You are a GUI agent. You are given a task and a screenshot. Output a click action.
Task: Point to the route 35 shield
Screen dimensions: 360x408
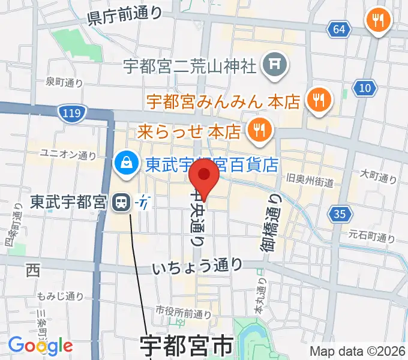pyautogui.click(x=339, y=213)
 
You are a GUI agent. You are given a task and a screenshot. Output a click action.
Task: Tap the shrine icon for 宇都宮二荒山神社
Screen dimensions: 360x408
pyautogui.click(x=276, y=64)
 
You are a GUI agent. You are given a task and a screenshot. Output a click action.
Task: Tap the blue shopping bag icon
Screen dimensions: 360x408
pyautogui.click(x=127, y=163)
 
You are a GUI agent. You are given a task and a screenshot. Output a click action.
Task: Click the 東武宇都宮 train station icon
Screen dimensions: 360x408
pyautogui.click(x=122, y=203)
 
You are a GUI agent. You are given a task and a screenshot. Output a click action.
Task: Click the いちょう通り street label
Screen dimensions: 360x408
pyautogui.click(x=197, y=264)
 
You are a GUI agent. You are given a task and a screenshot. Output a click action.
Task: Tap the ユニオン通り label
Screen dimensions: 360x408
pyautogui.click(x=68, y=155)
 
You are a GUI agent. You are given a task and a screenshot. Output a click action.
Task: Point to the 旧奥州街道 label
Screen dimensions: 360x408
pyautogui.click(x=310, y=179)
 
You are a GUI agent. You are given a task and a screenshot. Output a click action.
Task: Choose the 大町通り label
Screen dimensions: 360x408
pyautogui.click(x=379, y=177)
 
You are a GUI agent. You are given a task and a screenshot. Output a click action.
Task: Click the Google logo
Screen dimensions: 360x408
pyautogui.click(x=40, y=345)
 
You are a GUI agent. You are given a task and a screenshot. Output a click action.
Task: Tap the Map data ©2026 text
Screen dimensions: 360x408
pyautogui.click(x=357, y=352)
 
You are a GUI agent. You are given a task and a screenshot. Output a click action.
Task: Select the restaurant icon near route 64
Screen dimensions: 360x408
pyautogui.click(x=378, y=21)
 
